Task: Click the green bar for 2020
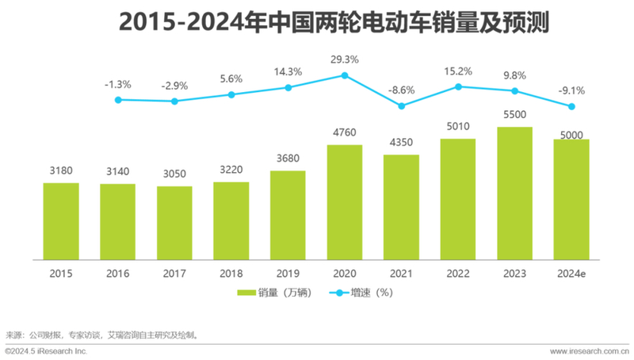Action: [345, 202]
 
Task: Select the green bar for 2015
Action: [61, 221]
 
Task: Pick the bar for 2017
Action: [174, 223]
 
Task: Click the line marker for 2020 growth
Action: [345, 75]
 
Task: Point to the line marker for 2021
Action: [402, 105]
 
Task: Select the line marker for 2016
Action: [118, 100]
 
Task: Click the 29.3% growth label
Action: [345, 59]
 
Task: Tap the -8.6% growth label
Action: [402, 90]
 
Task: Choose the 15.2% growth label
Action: [458, 71]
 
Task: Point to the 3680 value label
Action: [288, 158]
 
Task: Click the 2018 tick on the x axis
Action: [231, 274]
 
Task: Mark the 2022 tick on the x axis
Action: [458, 274]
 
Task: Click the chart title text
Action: [317, 22]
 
